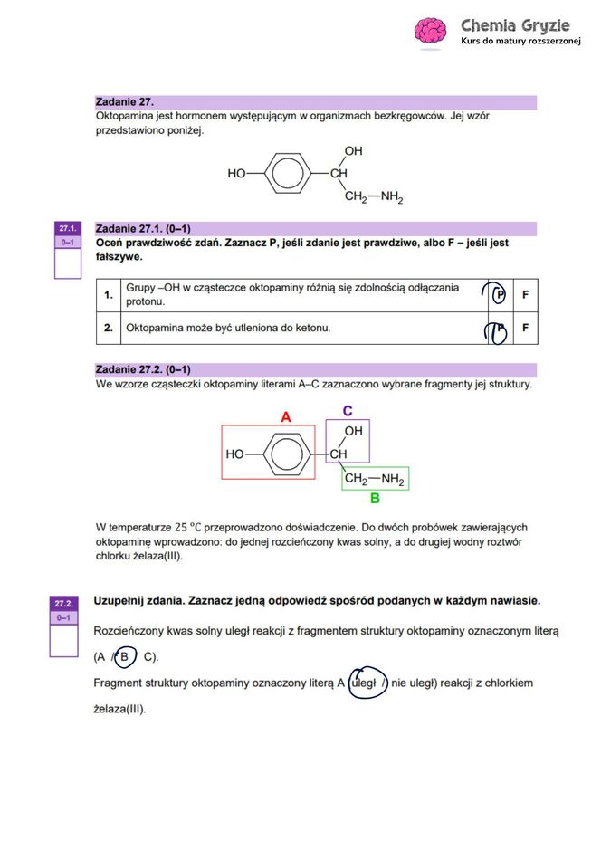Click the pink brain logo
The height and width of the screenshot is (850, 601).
[x=430, y=31]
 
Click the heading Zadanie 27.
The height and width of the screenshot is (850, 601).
[x=130, y=102]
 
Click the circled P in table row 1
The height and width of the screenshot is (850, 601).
[x=499, y=295]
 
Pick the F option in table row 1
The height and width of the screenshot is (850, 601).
[x=525, y=295]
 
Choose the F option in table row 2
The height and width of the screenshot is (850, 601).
[x=525, y=328]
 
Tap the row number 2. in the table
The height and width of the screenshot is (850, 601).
[x=108, y=328]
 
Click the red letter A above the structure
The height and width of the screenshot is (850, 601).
[x=286, y=417]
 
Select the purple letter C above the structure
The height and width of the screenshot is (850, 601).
[x=348, y=411]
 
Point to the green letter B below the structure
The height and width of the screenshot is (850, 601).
[x=374, y=498]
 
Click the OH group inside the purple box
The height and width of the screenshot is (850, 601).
[x=354, y=431]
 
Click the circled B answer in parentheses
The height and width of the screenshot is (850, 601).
[x=125, y=656]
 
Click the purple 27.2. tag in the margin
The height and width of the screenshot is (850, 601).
[x=64, y=603]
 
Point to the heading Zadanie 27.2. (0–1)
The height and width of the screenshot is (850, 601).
[x=143, y=370]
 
